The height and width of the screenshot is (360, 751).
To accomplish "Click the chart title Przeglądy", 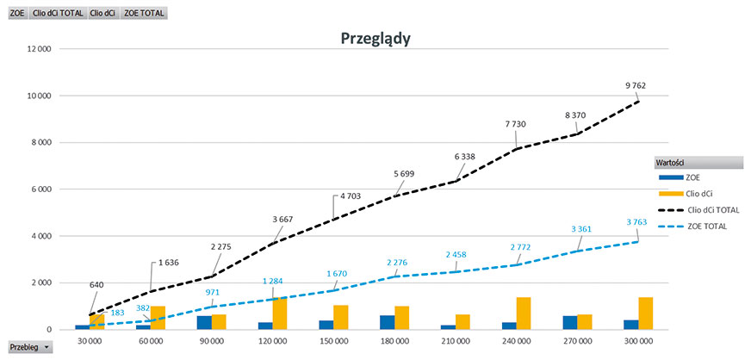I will click(375, 38).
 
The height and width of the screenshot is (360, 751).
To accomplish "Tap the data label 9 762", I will click(635, 85).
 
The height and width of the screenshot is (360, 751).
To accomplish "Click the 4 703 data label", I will click(349, 197).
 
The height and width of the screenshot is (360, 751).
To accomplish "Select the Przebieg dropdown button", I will click(28, 346).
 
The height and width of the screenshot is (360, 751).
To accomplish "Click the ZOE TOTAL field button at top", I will click(144, 14).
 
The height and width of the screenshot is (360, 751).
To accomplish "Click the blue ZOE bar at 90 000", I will click(204, 322).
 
